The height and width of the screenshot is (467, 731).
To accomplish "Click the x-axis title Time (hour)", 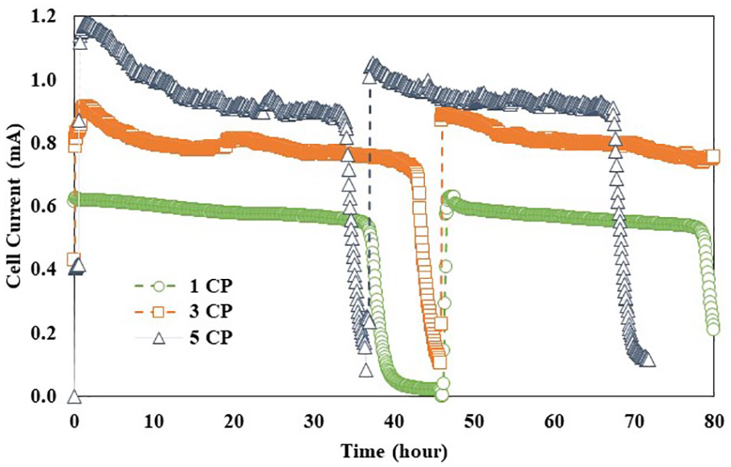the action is pyautogui.click(x=394, y=452).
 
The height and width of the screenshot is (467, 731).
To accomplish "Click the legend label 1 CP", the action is pyautogui.click(x=210, y=285).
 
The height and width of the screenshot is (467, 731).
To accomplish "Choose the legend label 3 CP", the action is pyautogui.click(x=210, y=311).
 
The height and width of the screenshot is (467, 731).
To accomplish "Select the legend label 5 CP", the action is pyautogui.click(x=210, y=337).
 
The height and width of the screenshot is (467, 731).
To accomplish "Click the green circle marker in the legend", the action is pyautogui.click(x=159, y=286).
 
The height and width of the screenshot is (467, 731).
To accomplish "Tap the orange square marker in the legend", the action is pyautogui.click(x=159, y=312).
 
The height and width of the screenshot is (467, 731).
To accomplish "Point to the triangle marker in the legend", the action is pyautogui.click(x=159, y=338).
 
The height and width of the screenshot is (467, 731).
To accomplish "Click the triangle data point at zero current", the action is pyautogui.click(x=75, y=398).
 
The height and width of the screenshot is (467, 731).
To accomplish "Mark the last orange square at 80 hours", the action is pyautogui.click(x=713, y=156).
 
